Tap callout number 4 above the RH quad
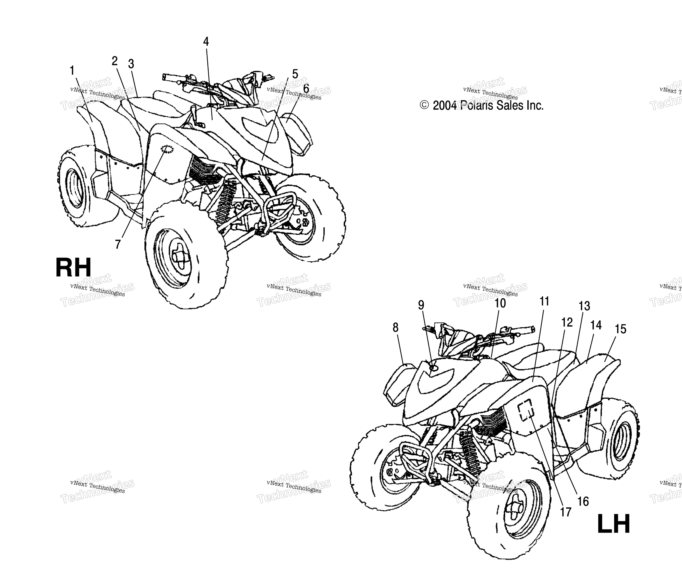(x=206, y=41)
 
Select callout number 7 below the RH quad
(x=118, y=244)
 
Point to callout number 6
(x=306, y=89)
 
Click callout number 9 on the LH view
(x=421, y=305)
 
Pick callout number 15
(x=621, y=329)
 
